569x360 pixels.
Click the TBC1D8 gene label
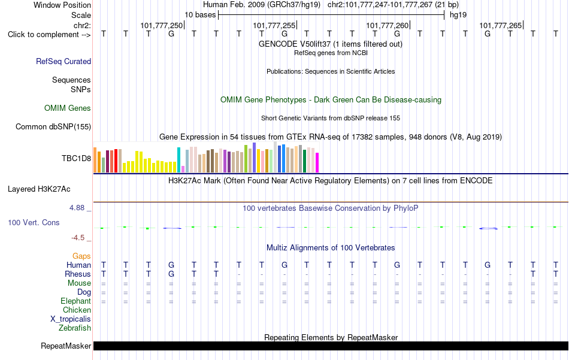pos(76,158)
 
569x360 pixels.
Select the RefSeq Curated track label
pos(63,61)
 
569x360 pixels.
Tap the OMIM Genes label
pos(68,108)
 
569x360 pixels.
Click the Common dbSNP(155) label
pos(53,126)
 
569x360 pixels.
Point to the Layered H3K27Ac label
pos(39,189)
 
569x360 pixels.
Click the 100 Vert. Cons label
pos(34,222)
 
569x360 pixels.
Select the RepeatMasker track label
pos(66,346)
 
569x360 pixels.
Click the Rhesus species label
pos(78,274)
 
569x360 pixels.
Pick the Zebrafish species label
pos(75,328)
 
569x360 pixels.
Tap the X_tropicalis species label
pos(71,319)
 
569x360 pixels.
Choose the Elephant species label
pos(76,301)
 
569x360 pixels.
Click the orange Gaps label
pos(81,256)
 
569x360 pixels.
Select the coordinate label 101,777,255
pos(274,25)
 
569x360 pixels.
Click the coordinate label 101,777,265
pos(501,25)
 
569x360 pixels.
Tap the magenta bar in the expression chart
pos(317,162)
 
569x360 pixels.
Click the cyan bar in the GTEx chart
pos(178,160)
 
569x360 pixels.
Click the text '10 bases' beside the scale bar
pos(200,15)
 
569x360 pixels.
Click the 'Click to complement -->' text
pos(49,35)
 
